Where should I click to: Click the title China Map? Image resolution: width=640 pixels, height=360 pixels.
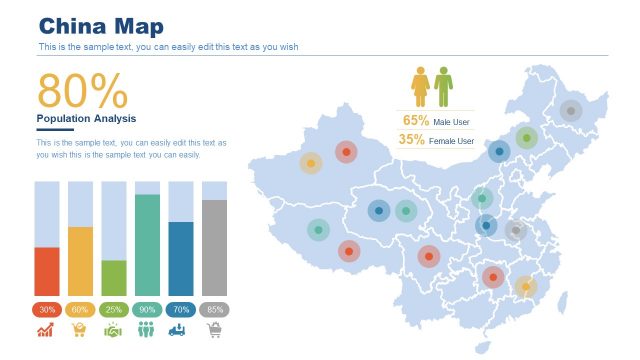(101, 26)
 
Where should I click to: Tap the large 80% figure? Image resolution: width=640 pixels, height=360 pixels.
(82, 92)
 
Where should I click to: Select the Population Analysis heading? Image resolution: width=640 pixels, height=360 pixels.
(85, 119)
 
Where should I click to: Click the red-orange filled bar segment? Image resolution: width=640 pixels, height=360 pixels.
(47, 271)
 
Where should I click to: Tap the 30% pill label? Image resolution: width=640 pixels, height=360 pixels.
(47, 310)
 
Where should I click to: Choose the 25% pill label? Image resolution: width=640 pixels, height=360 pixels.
(114, 310)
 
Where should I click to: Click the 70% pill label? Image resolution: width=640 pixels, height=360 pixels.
(181, 310)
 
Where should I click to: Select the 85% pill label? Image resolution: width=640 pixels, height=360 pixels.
(214, 310)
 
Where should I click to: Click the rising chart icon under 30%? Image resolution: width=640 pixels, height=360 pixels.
(46, 330)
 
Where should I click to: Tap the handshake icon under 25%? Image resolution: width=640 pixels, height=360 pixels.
(113, 330)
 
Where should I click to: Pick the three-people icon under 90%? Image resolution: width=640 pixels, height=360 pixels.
(147, 330)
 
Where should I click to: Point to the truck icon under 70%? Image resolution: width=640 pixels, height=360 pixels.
(181, 330)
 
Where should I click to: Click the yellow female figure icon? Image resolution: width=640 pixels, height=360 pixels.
(421, 87)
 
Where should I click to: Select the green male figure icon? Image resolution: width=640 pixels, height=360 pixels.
(443, 87)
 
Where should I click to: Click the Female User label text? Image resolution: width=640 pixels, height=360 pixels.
(452, 141)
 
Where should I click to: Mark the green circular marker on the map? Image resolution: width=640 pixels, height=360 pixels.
(526, 138)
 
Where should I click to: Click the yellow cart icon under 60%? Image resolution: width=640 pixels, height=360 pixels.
(80, 330)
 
